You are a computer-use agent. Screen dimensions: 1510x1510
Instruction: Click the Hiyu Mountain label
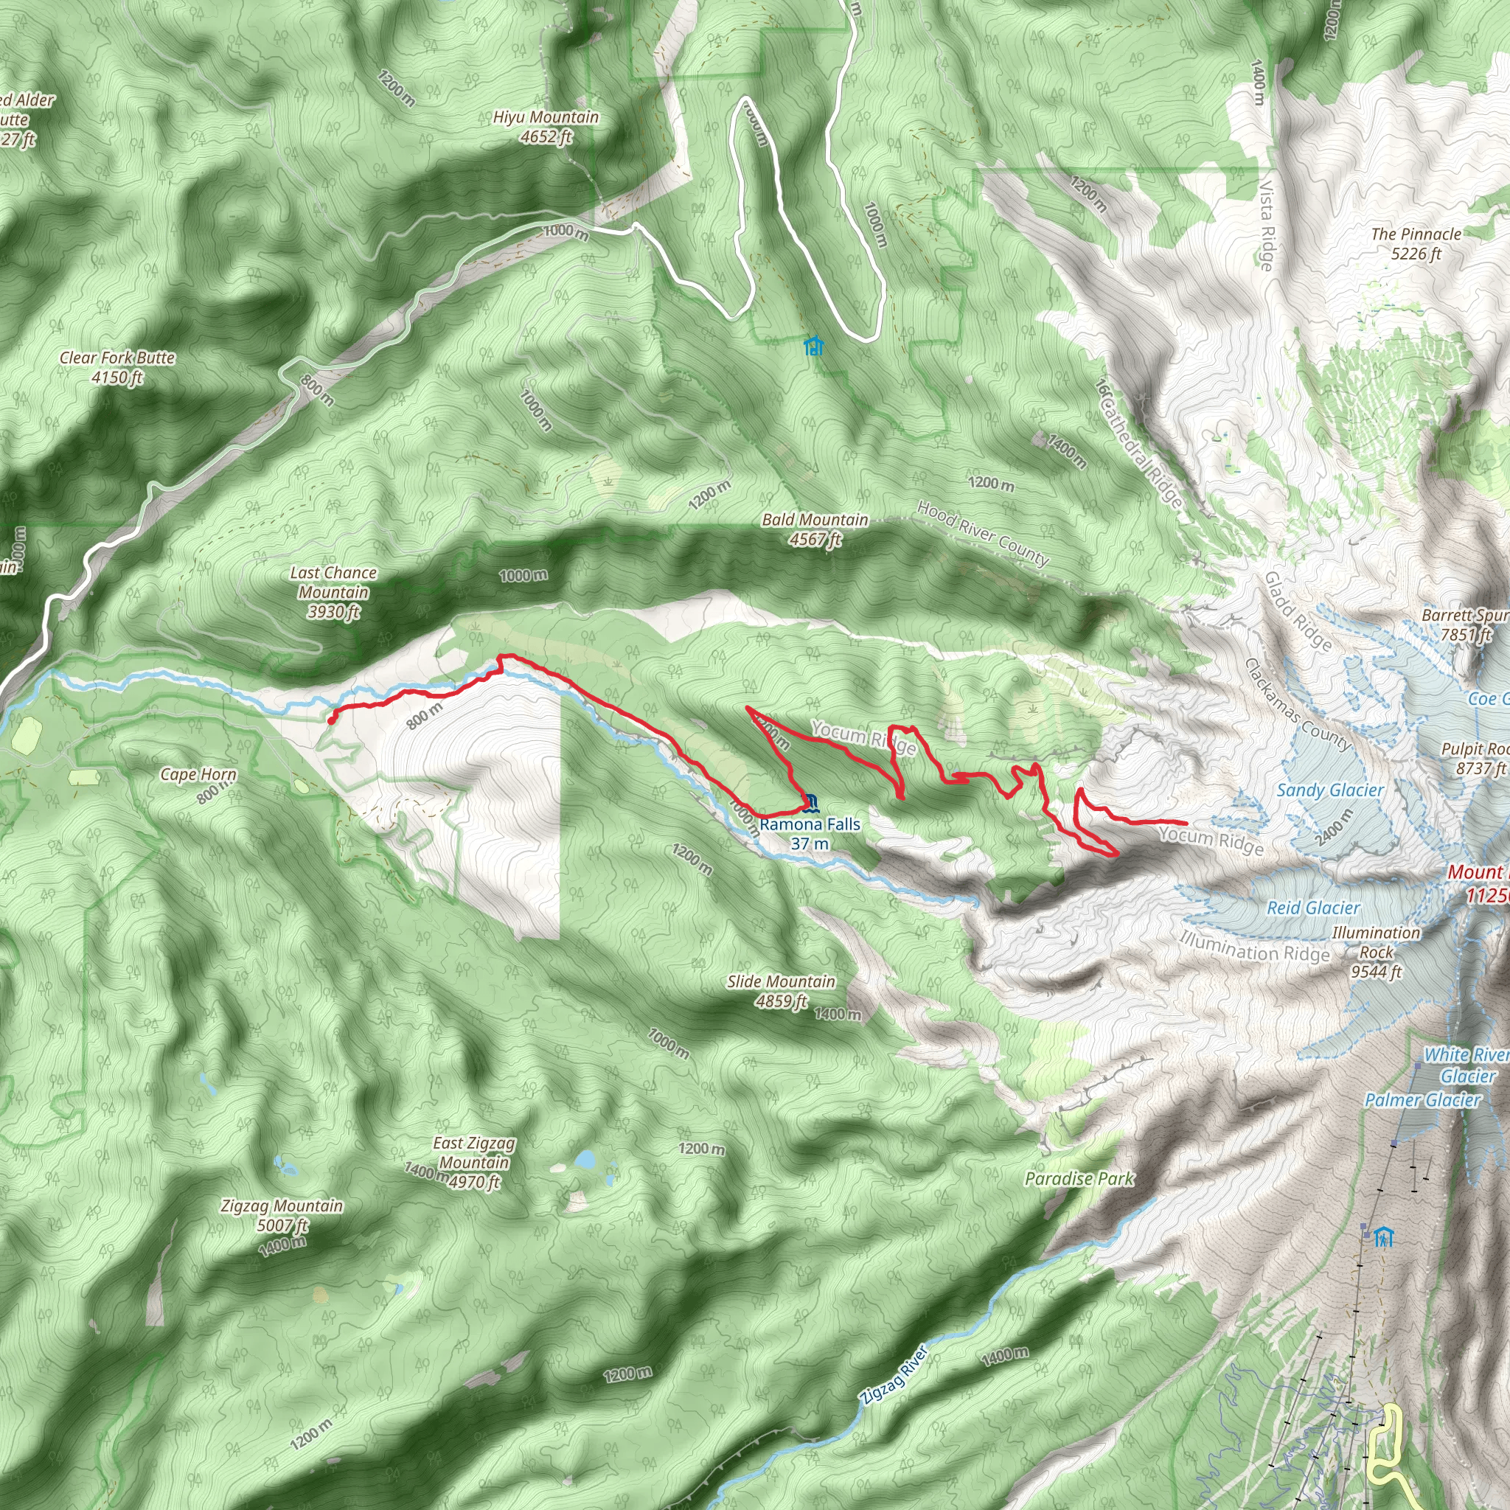pos(546,127)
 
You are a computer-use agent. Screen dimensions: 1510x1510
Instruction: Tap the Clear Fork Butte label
pos(117,367)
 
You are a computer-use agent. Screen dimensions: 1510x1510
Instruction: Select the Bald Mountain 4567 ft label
pos(815,529)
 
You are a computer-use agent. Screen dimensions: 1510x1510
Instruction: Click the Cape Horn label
pos(198,775)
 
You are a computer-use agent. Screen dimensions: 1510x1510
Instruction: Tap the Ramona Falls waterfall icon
pos(810,802)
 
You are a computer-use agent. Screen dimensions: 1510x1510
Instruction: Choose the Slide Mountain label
pos(781,991)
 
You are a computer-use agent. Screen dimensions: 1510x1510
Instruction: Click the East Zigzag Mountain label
pos(474,1163)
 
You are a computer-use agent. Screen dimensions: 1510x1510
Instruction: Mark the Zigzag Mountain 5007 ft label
pos(282,1215)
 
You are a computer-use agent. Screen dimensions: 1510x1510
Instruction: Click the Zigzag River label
pos(894,1376)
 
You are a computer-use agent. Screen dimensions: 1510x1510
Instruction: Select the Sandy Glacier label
pos(1329,790)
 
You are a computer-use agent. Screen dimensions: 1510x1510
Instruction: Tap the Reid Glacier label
pos(1313,908)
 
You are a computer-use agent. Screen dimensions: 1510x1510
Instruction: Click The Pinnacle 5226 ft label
pos(1416,244)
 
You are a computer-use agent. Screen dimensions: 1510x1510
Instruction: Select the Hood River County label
pos(982,533)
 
